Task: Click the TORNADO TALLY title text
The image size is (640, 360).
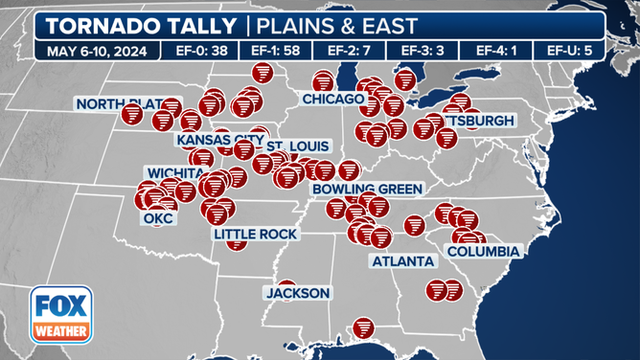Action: click(x=137, y=26)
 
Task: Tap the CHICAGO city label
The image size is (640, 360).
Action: click(x=332, y=99)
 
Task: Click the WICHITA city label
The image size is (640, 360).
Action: click(x=175, y=172)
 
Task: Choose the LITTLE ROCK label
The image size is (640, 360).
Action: click(x=256, y=234)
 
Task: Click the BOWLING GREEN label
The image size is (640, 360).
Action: click(x=357, y=190)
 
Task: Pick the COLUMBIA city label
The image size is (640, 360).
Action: click(x=482, y=252)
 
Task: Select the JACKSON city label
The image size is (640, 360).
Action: click(x=298, y=293)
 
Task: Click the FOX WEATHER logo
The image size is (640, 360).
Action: click(x=61, y=316)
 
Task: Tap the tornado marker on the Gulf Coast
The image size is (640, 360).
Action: click(x=363, y=329)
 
